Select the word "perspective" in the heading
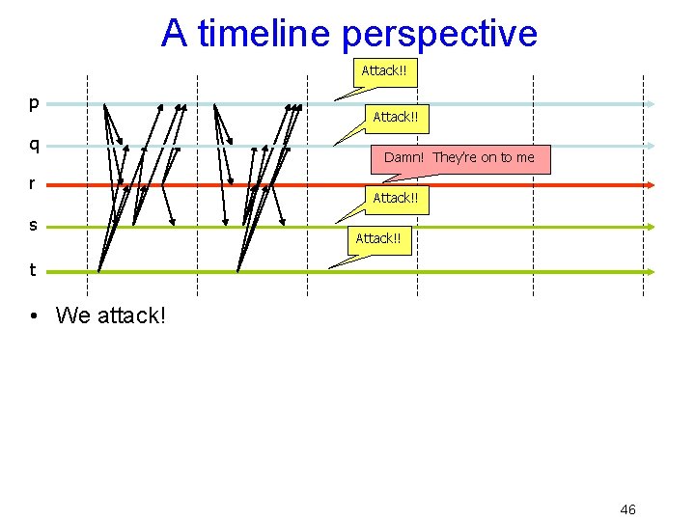pyautogui.click(x=439, y=35)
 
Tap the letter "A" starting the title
pyautogui.click(x=174, y=33)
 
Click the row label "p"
pyautogui.click(x=34, y=102)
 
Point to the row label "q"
pyautogui.click(x=34, y=145)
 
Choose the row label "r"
pyautogui.click(x=33, y=183)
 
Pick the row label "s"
pyautogui.click(x=33, y=225)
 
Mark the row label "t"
pyautogui.click(x=33, y=270)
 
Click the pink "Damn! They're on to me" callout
pyautogui.click(x=459, y=157)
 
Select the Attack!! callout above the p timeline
pyautogui.click(x=384, y=70)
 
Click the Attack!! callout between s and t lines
pyautogui.click(x=378, y=238)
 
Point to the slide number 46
pyautogui.click(x=627, y=509)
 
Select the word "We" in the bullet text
pyautogui.click(x=73, y=315)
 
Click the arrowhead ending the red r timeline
pyautogui.click(x=652, y=184)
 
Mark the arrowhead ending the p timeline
pyautogui.click(x=652, y=103)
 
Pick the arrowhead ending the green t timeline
pyautogui.click(x=652, y=272)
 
